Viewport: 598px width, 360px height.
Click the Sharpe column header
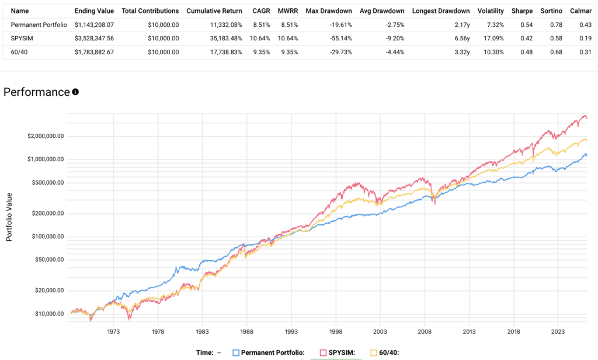point(521,11)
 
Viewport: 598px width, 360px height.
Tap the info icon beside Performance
point(75,92)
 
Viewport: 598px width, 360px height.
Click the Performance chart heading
point(37,92)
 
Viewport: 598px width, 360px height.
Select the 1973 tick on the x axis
point(113,330)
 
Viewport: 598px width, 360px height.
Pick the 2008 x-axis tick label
point(425,330)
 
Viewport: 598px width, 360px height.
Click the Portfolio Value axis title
point(9,213)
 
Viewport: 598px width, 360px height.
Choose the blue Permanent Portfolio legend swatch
point(236,352)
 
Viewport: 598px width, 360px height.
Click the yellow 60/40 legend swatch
point(374,352)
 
